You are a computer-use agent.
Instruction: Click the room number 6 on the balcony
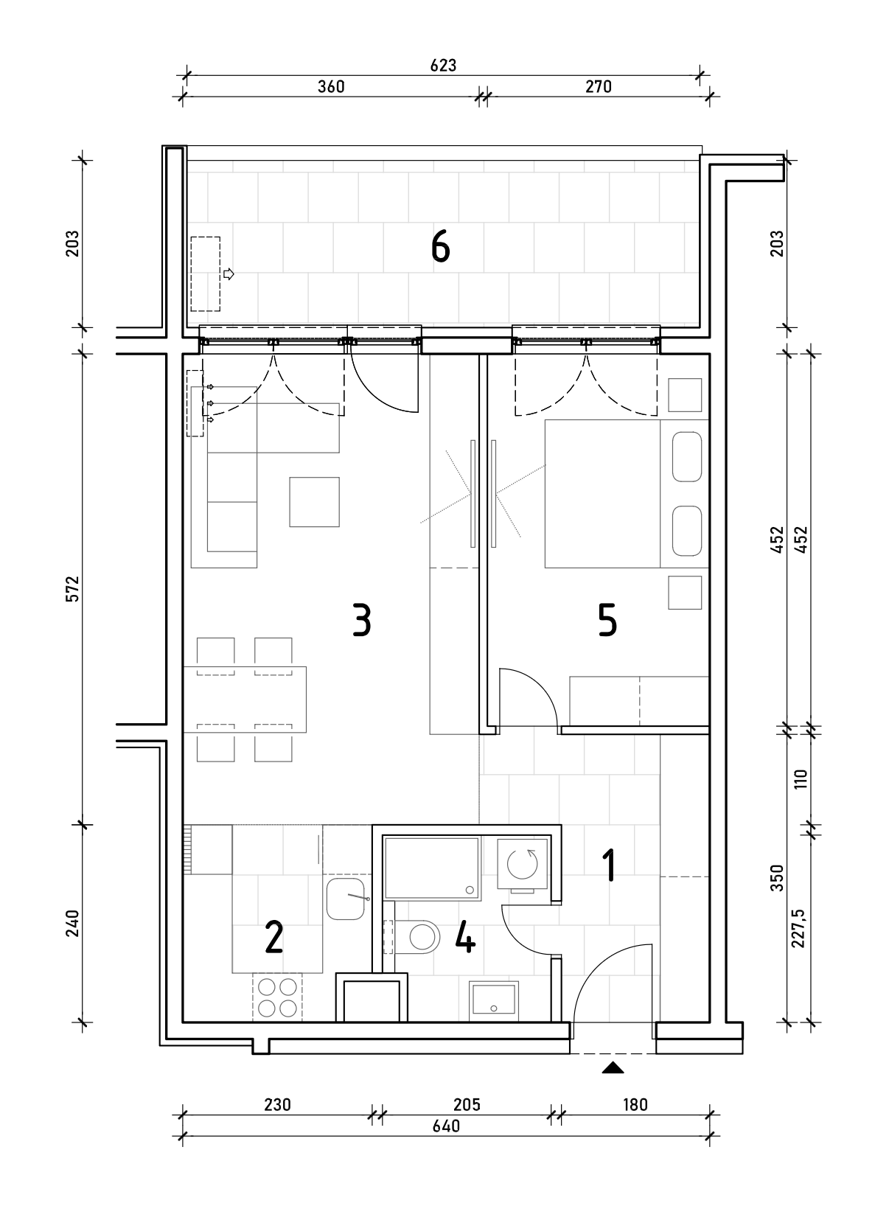440,246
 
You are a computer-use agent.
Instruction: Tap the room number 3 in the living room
362,620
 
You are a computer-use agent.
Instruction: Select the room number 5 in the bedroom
607,620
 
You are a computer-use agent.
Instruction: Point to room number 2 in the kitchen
274,938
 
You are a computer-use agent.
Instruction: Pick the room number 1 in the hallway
609,865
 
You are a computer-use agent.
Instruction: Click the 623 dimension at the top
443,65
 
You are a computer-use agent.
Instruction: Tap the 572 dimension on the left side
73,588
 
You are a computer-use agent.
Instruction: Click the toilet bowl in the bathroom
417,938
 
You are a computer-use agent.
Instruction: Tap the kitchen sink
346,899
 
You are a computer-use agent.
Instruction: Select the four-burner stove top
277,997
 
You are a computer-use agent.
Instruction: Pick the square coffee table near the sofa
315,502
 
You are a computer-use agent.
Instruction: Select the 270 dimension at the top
599,86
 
